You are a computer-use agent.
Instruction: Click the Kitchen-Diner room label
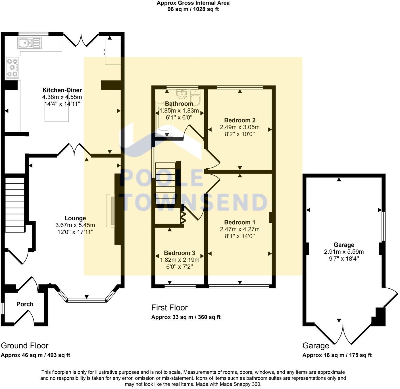click(62, 90)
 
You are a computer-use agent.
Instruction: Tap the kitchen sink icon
click(29, 43)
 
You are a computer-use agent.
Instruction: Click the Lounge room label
click(75, 218)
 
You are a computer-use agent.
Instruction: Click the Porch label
click(25, 304)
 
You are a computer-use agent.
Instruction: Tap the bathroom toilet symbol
click(195, 97)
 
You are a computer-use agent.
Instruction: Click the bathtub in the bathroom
click(164, 119)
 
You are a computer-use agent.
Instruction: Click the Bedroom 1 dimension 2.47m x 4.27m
click(239, 229)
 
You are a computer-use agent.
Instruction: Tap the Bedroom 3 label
click(179, 253)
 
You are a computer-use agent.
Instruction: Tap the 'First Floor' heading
click(169, 307)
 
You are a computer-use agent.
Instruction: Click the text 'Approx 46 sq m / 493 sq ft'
click(35, 355)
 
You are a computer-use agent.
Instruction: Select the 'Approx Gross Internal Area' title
click(193, 3)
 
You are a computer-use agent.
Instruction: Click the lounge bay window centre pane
click(87, 300)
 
